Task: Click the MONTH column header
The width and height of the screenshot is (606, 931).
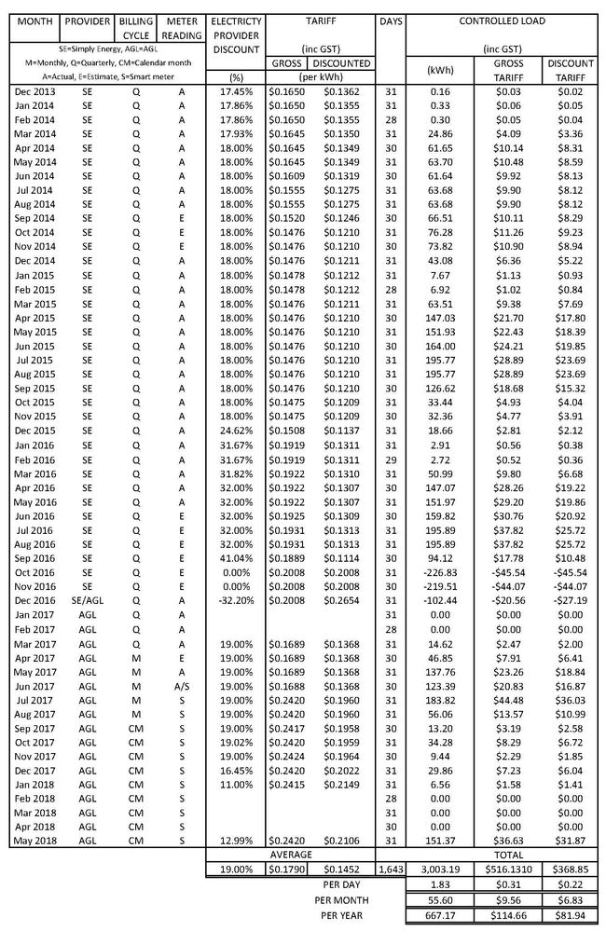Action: pos(30,20)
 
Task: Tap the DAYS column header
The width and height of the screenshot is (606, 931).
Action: pos(391,20)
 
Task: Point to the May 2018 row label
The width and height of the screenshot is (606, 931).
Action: pos(30,842)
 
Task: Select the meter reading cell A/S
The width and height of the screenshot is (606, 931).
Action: pos(181,685)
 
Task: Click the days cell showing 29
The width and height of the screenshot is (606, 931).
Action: pos(391,459)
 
